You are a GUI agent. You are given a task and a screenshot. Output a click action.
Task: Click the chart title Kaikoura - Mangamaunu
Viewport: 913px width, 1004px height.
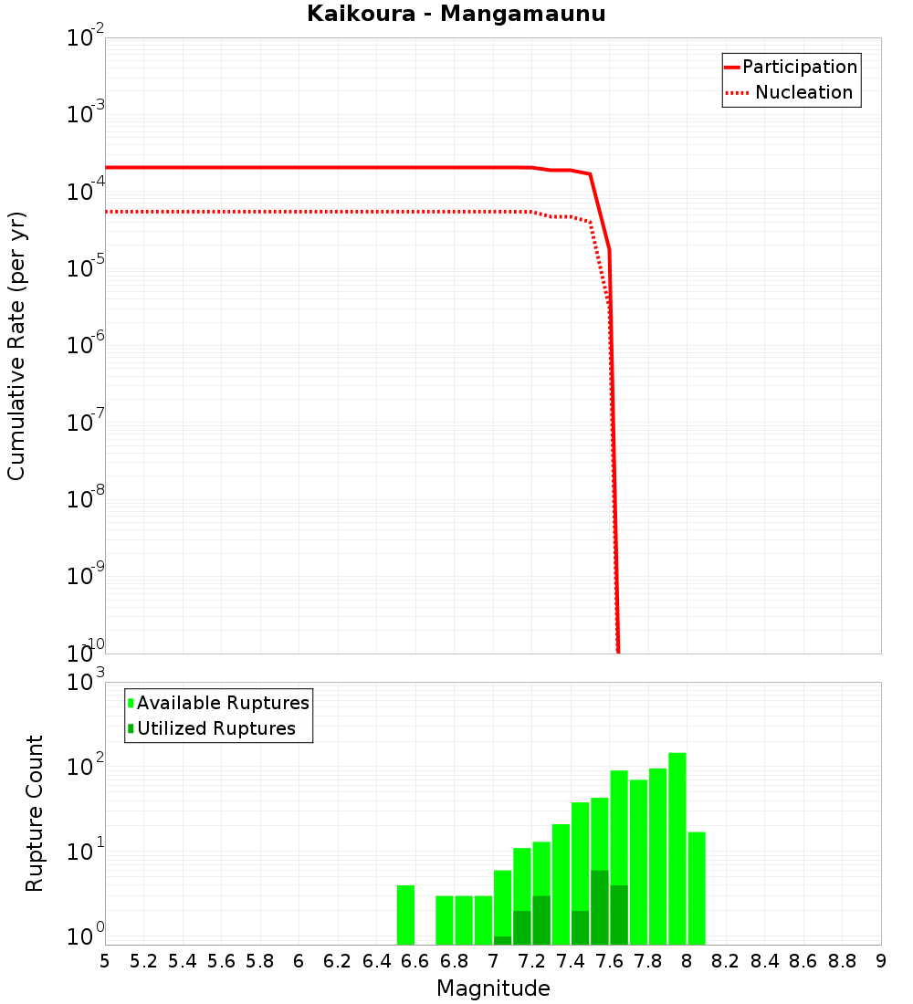click(456, 14)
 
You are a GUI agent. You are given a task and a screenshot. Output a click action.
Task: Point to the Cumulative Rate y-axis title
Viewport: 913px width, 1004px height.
click(16, 346)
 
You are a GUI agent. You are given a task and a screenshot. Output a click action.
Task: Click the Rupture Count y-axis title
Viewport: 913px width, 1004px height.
click(35, 813)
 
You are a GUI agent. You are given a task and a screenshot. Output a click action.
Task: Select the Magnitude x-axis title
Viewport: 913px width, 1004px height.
click(493, 988)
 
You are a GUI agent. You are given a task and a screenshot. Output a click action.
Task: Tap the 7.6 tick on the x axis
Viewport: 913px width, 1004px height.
click(610, 961)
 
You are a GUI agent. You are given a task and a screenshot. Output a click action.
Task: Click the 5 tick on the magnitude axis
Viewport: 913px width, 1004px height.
click(105, 961)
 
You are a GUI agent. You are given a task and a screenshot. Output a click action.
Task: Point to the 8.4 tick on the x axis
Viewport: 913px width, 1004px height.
click(765, 961)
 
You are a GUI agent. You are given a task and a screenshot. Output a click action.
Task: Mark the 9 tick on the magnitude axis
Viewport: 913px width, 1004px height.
click(881, 961)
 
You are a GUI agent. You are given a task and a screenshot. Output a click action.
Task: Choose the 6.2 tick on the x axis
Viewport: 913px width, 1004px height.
click(338, 961)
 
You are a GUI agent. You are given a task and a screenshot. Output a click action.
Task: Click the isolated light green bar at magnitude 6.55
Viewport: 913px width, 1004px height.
click(405, 915)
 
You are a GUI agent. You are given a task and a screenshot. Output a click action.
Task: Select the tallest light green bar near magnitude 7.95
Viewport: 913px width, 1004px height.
click(677, 849)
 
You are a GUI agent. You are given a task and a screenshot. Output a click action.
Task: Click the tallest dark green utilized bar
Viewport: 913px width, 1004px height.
click(599, 907)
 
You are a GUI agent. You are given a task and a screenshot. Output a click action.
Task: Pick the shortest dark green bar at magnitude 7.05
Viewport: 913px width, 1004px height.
click(502, 940)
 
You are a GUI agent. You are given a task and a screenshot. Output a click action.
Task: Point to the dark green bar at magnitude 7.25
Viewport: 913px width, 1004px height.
click(541, 920)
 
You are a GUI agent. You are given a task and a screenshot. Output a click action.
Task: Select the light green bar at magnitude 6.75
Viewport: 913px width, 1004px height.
click(445, 920)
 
